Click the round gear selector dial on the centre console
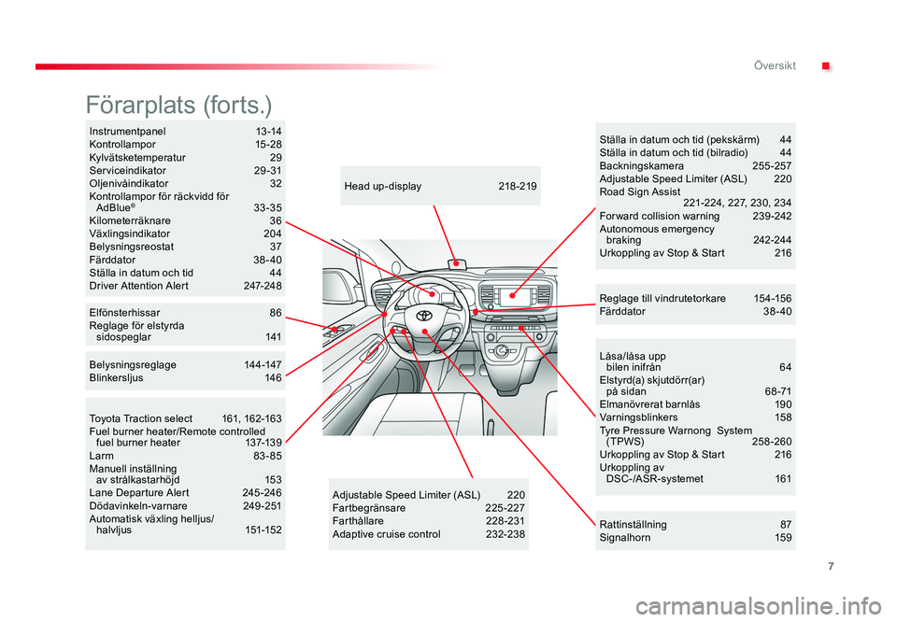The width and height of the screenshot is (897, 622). pyautogui.click(x=503, y=351)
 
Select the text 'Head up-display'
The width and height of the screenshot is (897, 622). pyautogui.click(x=383, y=187)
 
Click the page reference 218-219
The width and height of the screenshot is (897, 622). pyautogui.click(x=518, y=187)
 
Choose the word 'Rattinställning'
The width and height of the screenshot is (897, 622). pyautogui.click(x=633, y=525)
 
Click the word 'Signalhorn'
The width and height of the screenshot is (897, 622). pyautogui.click(x=624, y=538)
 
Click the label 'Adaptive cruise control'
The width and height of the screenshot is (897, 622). pyautogui.click(x=386, y=534)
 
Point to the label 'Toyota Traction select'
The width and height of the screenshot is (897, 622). pyautogui.click(x=140, y=418)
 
